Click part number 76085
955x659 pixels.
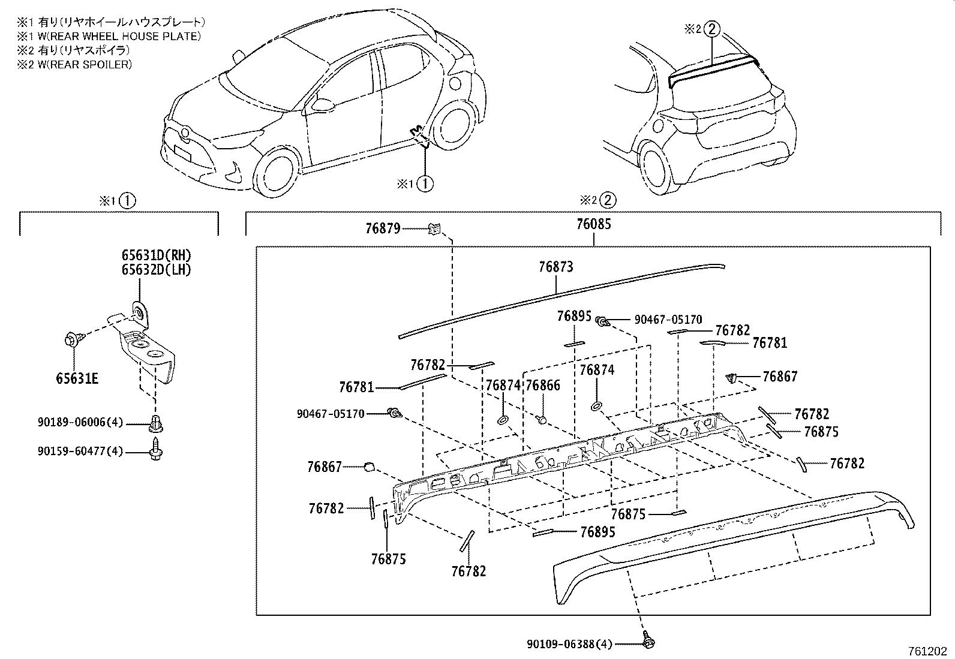click(x=593, y=224)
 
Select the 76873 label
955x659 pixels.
click(x=555, y=267)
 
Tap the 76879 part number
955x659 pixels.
click(x=382, y=228)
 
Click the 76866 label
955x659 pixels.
click(x=542, y=386)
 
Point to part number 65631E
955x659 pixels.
click(x=77, y=378)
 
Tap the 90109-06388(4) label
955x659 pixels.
click(x=569, y=644)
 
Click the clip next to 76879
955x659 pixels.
click(x=434, y=228)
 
